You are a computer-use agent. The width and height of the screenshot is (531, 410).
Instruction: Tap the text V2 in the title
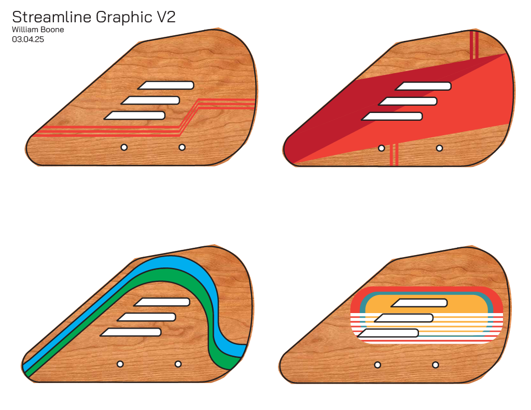(x=166, y=17)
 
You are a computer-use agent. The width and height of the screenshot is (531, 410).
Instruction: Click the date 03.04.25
(x=28, y=38)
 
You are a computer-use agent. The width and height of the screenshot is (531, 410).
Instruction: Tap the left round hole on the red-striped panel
(x=124, y=147)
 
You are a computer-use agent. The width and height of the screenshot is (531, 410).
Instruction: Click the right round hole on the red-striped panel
(x=182, y=147)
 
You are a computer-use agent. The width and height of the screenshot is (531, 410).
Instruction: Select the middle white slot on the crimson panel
(x=409, y=101)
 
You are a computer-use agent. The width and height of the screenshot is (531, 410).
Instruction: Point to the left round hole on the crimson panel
(x=382, y=148)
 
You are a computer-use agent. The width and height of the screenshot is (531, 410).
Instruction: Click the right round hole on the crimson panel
(x=440, y=148)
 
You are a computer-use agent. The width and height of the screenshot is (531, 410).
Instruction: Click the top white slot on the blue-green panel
(x=163, y=302)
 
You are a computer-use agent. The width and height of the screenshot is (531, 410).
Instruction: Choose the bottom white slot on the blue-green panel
(x=132, y=332)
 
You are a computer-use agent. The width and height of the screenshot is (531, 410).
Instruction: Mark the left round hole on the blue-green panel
(x=120, y=364)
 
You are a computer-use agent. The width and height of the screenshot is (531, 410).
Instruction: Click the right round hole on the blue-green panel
(x=178, y=364)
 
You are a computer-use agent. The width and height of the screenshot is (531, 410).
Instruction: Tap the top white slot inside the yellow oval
(x=420, y=303)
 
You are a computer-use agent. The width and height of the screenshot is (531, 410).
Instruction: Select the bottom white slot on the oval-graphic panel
(x=389, y=333)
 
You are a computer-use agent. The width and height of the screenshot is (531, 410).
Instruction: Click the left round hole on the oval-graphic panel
(x=378, y=365)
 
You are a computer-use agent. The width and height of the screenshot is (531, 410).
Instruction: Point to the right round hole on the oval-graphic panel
(x=436, y=365)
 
